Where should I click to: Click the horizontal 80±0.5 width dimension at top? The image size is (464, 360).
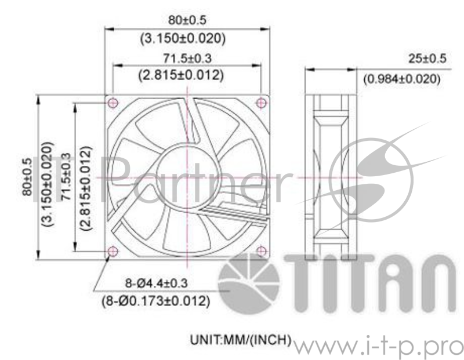(187, 20)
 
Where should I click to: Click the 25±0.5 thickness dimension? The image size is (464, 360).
(426, 60)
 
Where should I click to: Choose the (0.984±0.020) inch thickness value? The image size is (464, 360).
(401, 79)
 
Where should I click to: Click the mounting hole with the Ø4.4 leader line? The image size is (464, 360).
(113, 251)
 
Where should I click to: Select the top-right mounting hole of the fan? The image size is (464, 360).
(262, 102)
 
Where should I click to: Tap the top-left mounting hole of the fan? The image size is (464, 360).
(113, 102)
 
